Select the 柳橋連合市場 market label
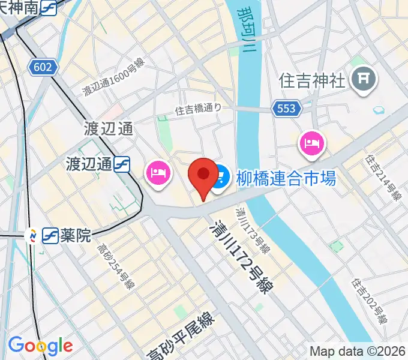(286, 178)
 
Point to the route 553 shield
(286, 108)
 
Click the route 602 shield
(43, 67)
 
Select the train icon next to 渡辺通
(122, 163)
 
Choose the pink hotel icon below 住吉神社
(311, 143)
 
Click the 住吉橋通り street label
(198, 109)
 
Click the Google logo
(40, 346)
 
